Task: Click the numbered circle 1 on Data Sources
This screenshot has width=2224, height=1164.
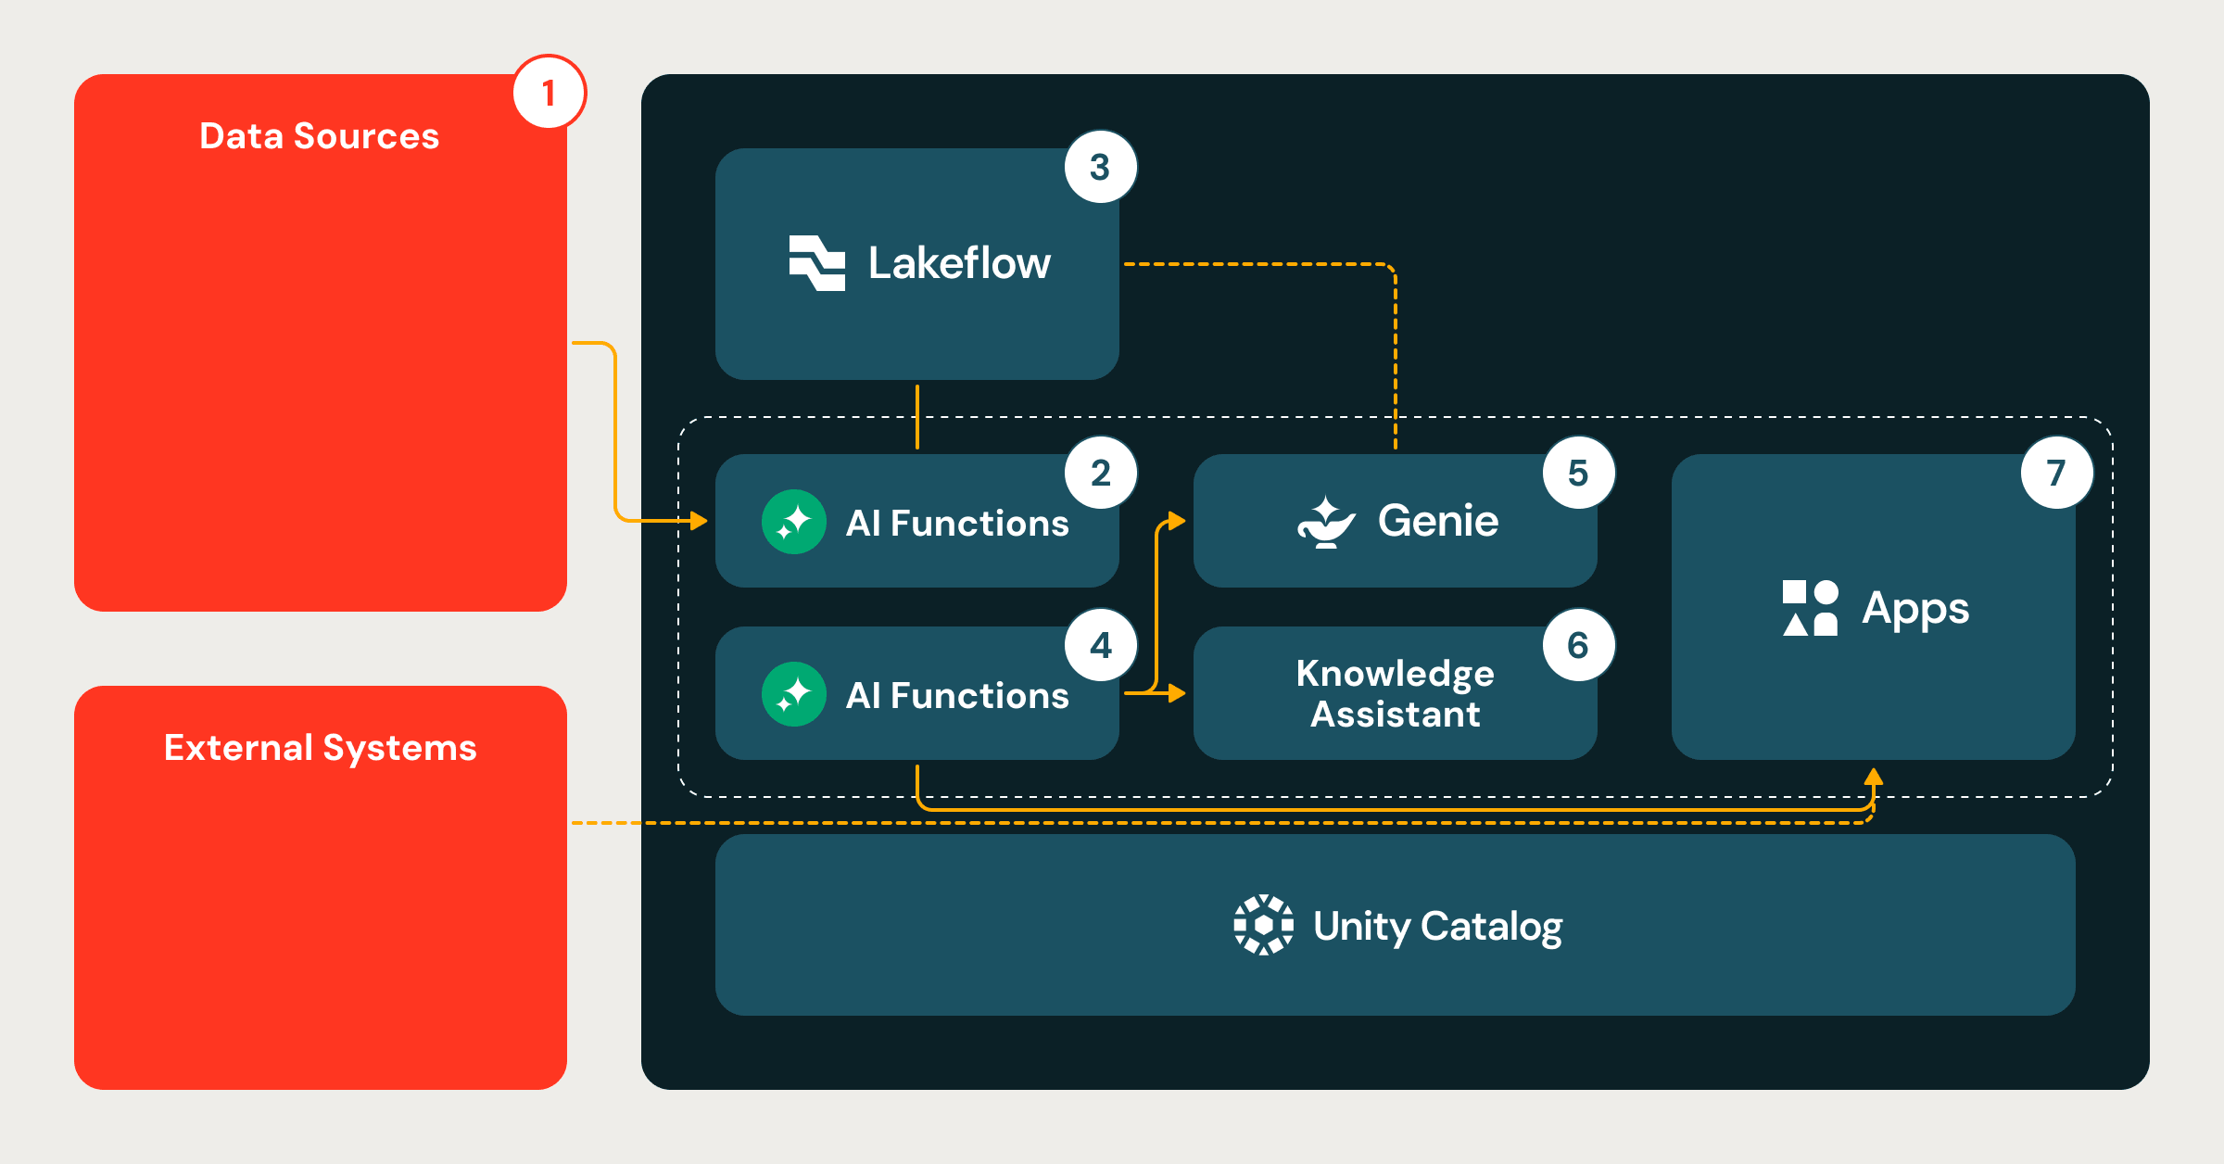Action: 549,93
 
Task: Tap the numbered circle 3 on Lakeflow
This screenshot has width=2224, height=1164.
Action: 1100,168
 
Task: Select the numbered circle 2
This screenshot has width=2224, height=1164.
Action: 1100,474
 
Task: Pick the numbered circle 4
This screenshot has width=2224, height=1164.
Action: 1100,645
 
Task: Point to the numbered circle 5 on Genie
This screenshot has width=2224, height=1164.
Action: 1578,474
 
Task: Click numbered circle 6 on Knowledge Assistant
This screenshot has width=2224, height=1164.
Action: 1578,645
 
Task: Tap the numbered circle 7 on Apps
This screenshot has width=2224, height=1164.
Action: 2056,474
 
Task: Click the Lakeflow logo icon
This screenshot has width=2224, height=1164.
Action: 816,263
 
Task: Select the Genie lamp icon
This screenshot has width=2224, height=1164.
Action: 1325,523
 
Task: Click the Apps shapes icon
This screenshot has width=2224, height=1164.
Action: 1810,608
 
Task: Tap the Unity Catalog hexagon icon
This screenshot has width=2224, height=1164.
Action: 1263,925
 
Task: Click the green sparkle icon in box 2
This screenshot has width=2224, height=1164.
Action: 793,522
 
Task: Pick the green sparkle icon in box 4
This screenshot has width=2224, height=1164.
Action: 793,694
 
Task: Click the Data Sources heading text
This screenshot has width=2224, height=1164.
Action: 319,136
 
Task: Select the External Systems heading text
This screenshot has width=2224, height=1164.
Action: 320,748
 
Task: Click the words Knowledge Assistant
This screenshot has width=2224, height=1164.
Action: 1395,693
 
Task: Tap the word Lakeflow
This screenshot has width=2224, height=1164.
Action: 959,263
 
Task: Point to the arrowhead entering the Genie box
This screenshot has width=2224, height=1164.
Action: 1177,521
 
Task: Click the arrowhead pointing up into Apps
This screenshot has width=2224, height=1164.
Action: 1873,776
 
